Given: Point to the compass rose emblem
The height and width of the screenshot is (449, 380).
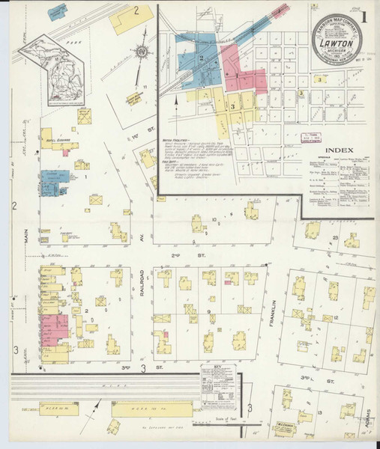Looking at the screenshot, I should click(141, 52).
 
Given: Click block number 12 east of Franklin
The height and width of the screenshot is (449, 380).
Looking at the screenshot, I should click(338, 317).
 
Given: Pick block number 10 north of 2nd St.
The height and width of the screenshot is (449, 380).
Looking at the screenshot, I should click(213, 220).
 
